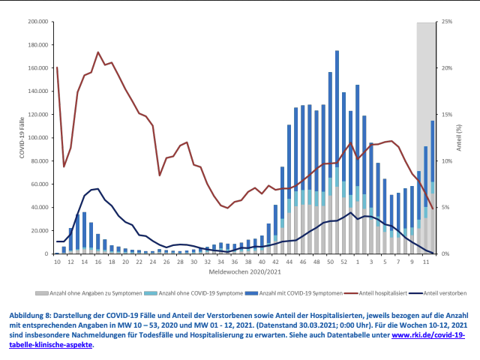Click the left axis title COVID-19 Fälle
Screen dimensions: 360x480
pyautogui.click(x=21, y=138)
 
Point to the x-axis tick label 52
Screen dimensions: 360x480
pyautogui.click(x=343, y=262)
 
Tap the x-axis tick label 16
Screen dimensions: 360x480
pyautogui.click(x=97, y=262)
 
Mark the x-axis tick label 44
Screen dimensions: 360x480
pyautogui.click(x=289, y=262)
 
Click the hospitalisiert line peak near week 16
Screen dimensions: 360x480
pyautogui.click(x=98, y=52)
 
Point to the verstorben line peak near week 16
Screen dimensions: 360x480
pyautogui.click(x=97, y=189)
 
